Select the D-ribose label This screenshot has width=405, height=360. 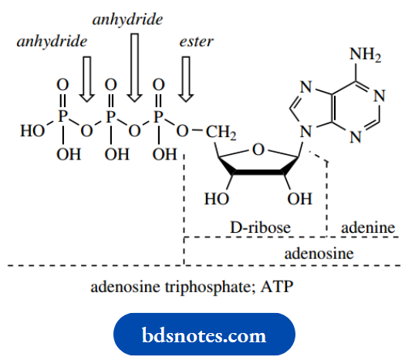262,228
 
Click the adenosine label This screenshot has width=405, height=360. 319,253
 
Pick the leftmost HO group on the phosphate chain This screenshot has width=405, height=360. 32,132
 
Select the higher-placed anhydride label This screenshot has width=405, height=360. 127,18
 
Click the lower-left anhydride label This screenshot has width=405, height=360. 51,39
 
